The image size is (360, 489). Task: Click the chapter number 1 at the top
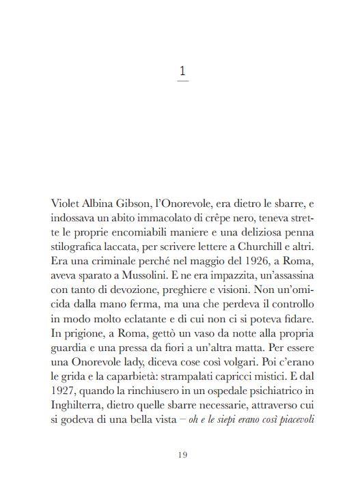coord(182,70)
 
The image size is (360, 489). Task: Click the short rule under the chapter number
coord(182,82)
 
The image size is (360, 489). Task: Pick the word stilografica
coord(81,248)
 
